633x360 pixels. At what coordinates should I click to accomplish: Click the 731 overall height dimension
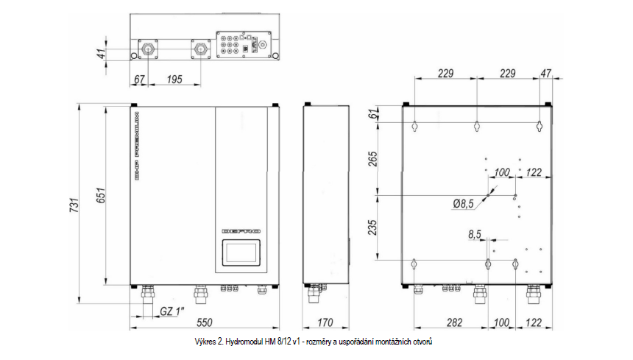pyautogui.click(x=74, y=205)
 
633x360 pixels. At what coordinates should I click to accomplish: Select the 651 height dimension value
pyautogui.click(x=101, y=195)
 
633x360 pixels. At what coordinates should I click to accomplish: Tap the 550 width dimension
pyautogui.click(x=205, y=322)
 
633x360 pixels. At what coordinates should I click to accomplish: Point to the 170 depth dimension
pyautogui.click(x=325, y=322)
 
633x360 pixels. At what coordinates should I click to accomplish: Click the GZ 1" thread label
pyautogui.click(x=172, y=311)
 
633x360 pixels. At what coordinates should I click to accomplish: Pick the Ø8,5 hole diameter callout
pyautogui.click(x=463, y=204)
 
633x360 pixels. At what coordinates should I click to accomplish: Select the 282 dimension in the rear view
pyautogui.click(x=455, y=322)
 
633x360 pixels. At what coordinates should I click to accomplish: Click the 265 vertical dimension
pyautogui.click(x=372, y=159)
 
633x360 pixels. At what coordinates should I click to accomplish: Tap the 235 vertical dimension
pyautogui.click(x=372, y=227)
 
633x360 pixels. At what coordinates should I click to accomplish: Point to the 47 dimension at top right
pyautogui.click(x=546, y=74)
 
